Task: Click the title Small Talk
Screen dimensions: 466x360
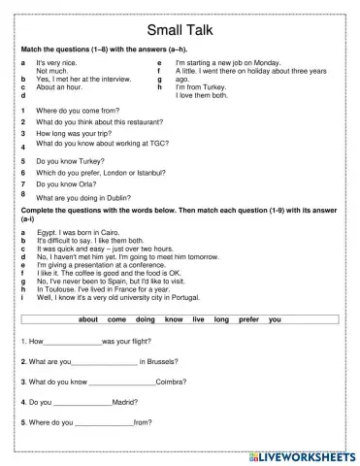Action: click(180, 29)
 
